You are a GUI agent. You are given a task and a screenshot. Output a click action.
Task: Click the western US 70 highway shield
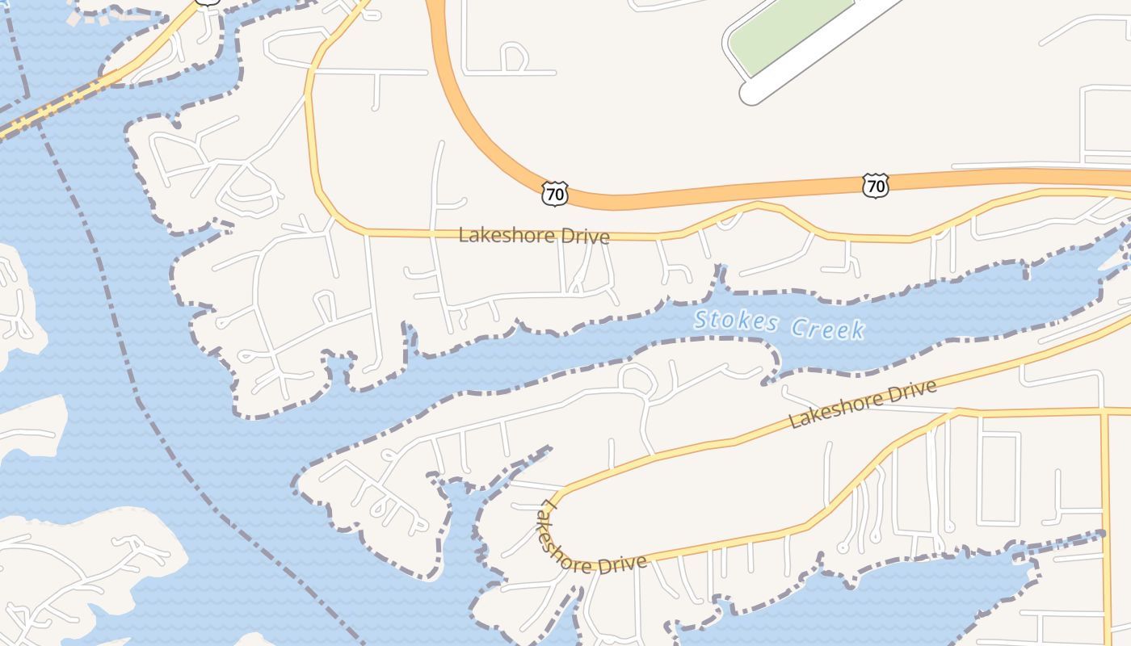[x=555, y=194]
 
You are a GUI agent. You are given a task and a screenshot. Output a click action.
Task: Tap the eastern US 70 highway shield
[x=875, y=186]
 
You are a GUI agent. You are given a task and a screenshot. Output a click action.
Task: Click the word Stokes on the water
[x=734, y=321]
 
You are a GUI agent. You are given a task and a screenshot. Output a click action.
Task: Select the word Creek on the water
[x=827, y=328]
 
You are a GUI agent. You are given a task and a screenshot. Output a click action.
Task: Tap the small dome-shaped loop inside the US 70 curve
[x=514, y=57]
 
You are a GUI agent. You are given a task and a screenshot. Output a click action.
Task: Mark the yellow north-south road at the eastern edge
[x=1106, y=525]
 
